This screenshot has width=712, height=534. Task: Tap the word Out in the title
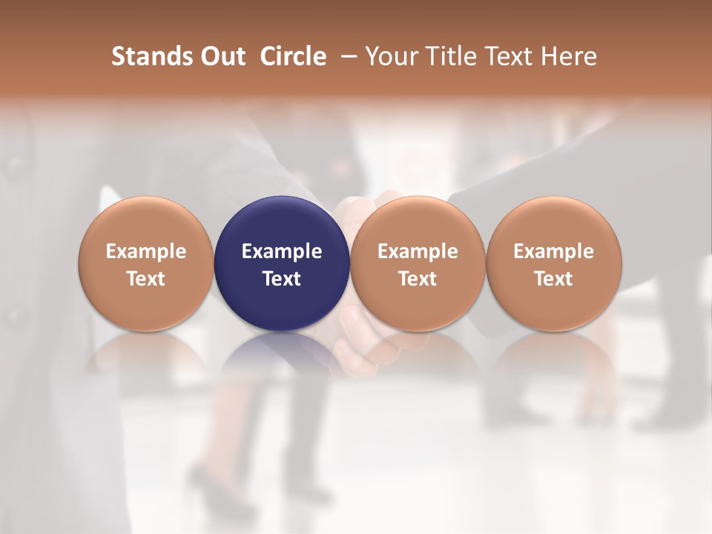221,56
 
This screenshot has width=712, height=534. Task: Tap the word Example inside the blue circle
282,251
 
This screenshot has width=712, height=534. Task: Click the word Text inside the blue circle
282,279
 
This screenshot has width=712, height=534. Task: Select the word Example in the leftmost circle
146,251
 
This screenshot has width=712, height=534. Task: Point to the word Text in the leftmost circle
146,279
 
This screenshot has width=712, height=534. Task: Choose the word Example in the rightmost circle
554,251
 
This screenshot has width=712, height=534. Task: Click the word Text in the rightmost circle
554,279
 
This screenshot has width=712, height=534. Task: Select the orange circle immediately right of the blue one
418,222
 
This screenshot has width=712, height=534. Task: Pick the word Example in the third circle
418,251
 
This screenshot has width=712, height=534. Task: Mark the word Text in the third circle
418,279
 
